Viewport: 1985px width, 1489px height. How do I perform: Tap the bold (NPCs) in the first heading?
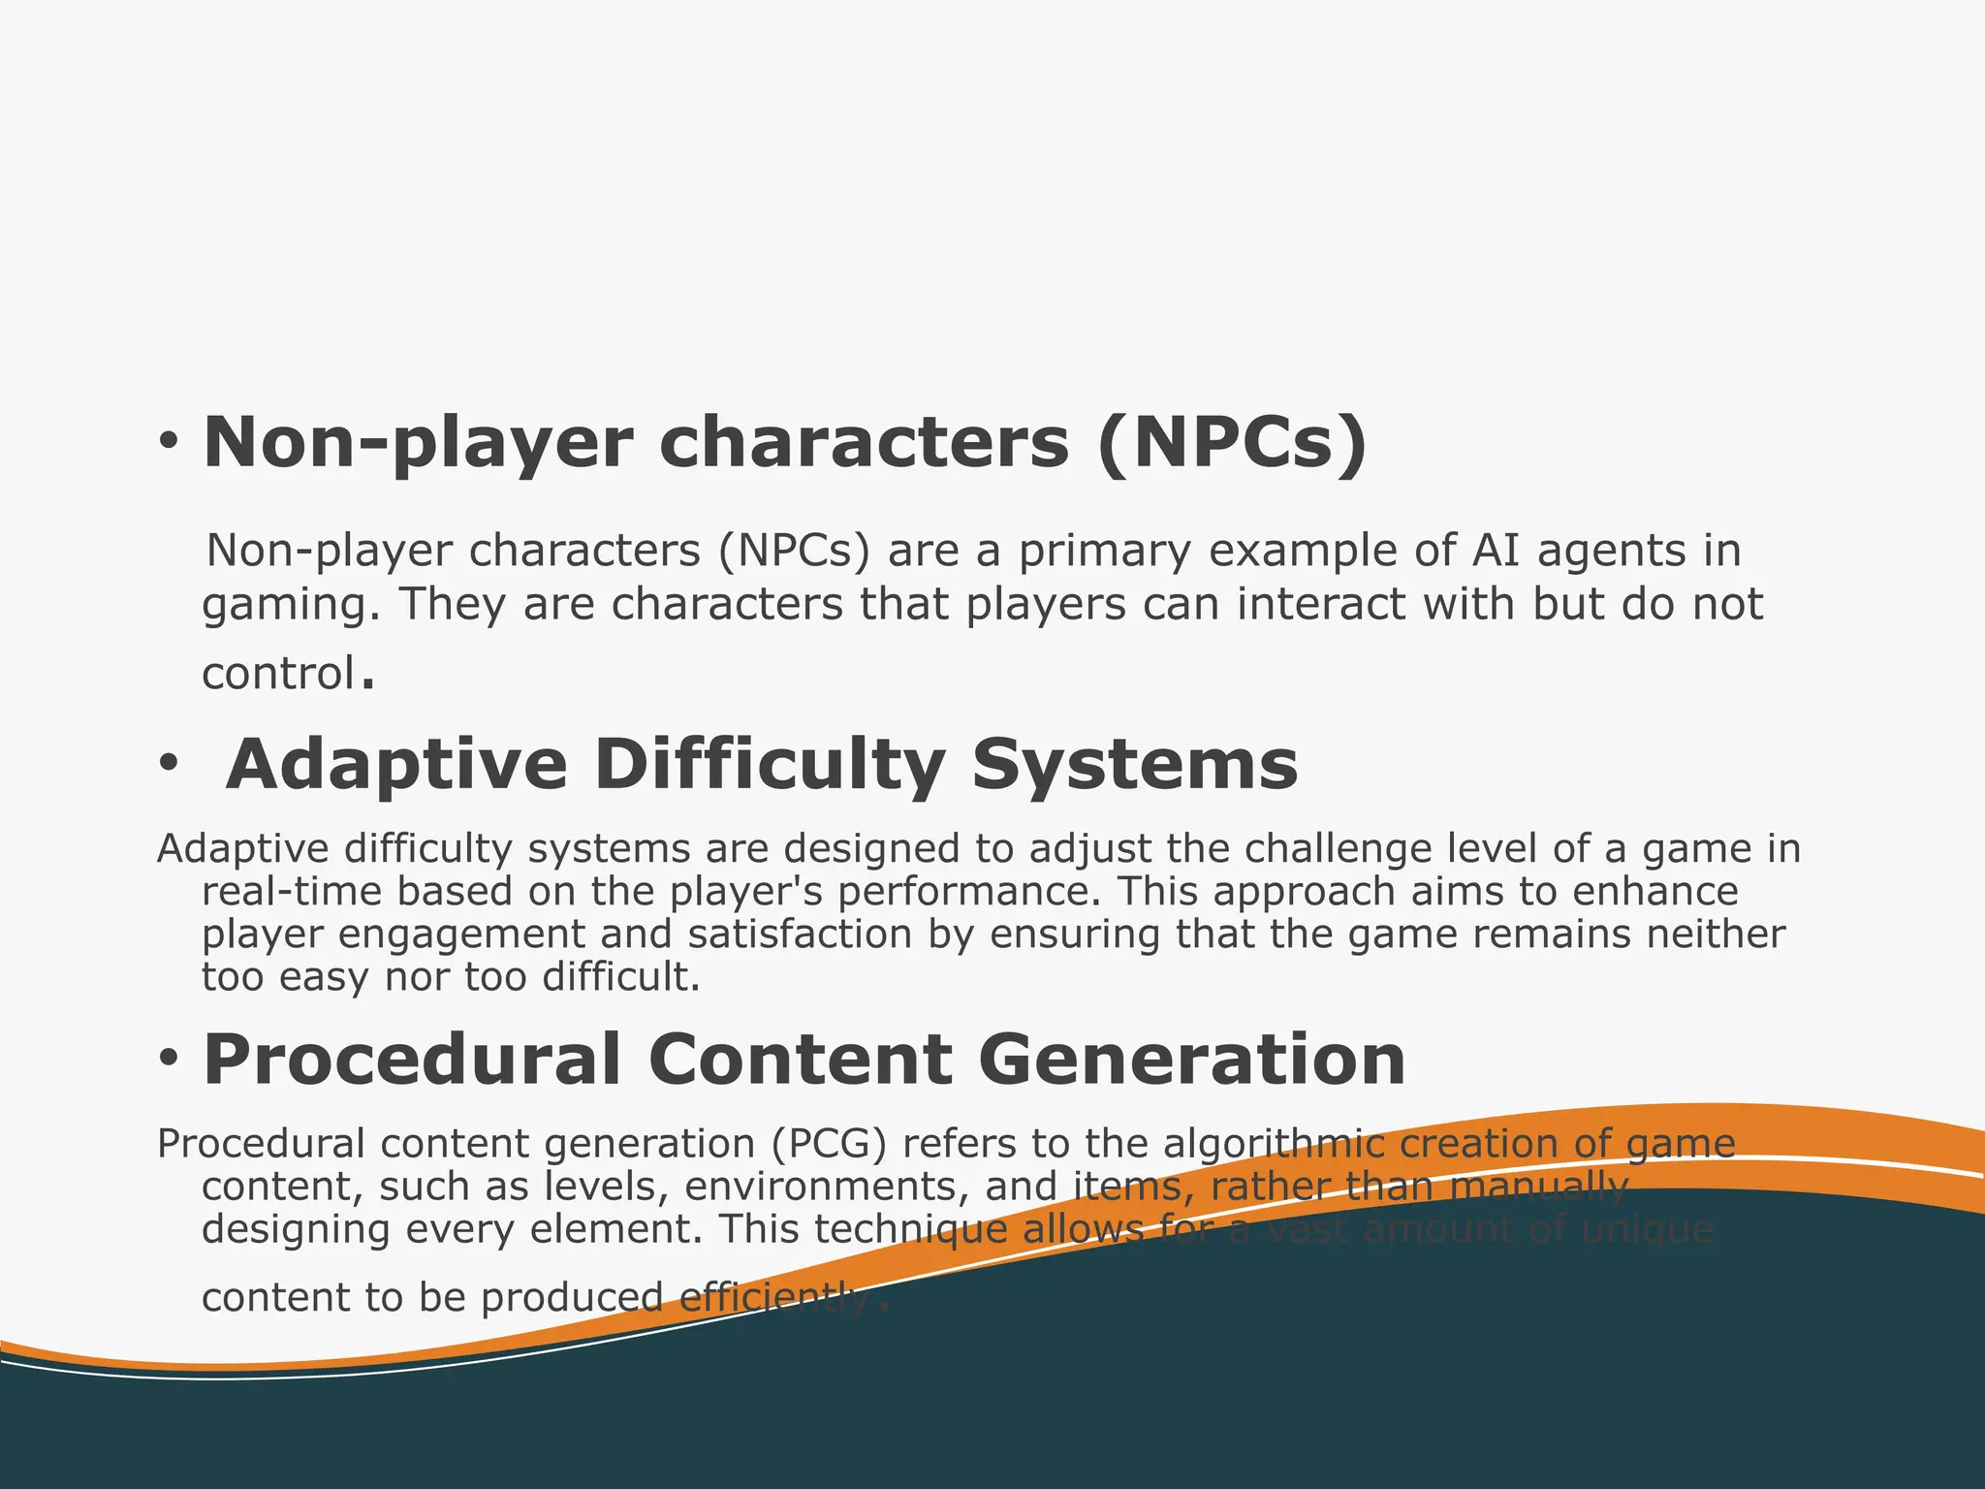click(x=1232, y=442)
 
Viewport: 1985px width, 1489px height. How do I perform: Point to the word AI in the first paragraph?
click(x=1497, y=551)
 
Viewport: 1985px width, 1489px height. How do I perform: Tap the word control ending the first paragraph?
click(x=278, y=673)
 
